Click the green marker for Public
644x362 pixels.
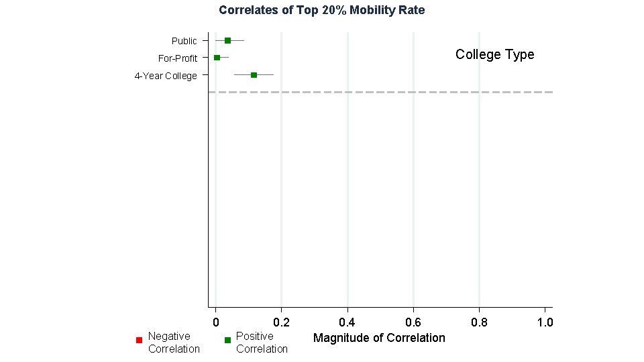click(x=227, y=41)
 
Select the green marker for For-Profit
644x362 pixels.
click(x=217, y=58)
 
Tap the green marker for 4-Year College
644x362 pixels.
click(x=254, y=75)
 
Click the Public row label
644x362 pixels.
click(x=184, y=41)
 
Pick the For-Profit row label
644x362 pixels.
click(x=177, y=58)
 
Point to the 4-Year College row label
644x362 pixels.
click(x=166, y=76)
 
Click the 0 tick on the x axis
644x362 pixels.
click(x=216, y=322)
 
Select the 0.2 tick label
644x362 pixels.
click(x=281, y=322)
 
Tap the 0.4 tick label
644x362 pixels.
click(x=347, y=322)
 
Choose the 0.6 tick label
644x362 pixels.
click(x=413, y=322)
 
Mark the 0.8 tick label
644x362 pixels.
click(x=479, y=322)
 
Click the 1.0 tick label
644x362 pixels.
click(x=545, y=322)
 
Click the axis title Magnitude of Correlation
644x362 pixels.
click(x=379, y=338)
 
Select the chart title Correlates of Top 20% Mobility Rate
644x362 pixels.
click(x=321, y=10)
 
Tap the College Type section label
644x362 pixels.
click(x=495, y=54)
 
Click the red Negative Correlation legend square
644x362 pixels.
click(x=140, y=340)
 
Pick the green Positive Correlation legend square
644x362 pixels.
click(x=227, y=340)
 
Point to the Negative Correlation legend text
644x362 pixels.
click(x=174, y=343)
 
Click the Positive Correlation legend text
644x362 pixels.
click(x=262, y=343)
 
